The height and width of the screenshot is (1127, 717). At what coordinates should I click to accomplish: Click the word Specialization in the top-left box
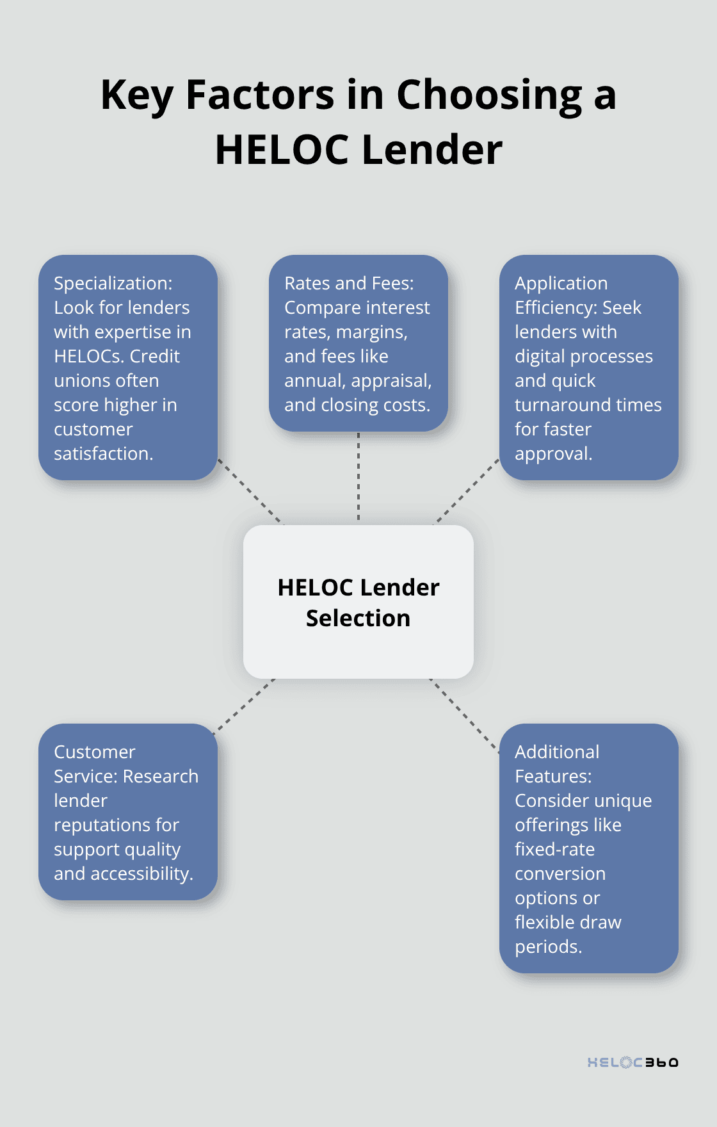[x=113, y=284]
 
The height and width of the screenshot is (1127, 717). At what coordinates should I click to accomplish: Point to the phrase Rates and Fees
[x=349, y=284]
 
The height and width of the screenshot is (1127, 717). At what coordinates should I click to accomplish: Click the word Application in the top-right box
[x=561, y=284]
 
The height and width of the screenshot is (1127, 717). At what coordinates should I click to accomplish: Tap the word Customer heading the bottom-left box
[x=95, y=752]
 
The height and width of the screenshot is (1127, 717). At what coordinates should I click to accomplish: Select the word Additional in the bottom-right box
[x=557, y=752]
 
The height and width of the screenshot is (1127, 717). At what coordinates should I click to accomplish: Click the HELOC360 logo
[x=632, y=1062]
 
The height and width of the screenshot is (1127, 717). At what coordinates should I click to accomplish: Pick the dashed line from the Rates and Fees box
[x=358, y=477]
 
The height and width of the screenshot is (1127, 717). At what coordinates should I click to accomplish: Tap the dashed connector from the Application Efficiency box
[x=467, y=491]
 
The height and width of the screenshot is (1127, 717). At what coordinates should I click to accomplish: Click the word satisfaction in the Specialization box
[x=102, y=454]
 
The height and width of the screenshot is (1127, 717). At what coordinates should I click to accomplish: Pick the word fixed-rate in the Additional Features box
[x=554, y=850]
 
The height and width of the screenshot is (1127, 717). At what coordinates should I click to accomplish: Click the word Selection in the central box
[x=358, y=619]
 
